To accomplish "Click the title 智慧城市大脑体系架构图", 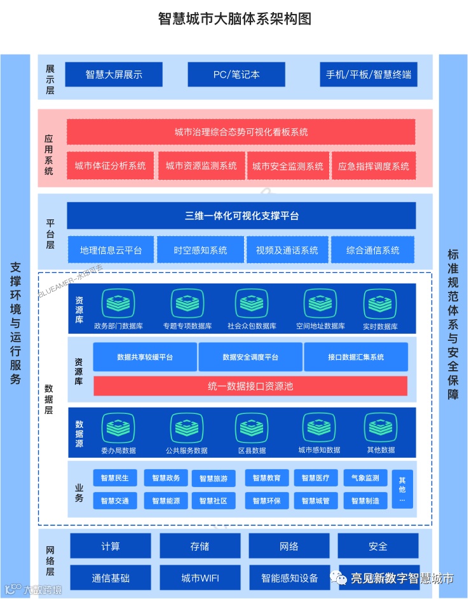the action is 234,18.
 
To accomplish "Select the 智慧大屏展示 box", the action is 114,74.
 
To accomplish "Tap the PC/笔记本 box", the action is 236,74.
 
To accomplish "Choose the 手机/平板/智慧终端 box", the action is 369,74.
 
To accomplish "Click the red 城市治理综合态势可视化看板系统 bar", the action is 241,132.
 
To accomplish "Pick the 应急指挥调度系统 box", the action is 374,166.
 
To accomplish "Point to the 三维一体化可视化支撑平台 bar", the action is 241,216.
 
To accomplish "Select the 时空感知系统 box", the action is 200,250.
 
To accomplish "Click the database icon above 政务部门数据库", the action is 118,302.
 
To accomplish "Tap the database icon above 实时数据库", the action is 380,302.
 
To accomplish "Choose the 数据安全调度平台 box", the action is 250,357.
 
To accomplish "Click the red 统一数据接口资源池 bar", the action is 250,386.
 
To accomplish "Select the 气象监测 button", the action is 365,478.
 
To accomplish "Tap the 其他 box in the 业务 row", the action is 402,489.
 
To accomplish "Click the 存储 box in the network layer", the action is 200,546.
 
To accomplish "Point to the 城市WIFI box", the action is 200,578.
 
